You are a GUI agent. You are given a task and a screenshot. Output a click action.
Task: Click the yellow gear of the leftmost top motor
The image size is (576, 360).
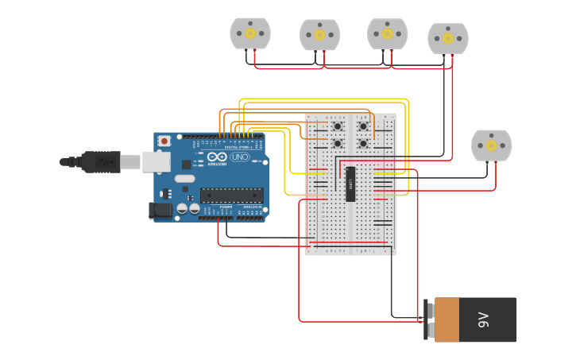tap(250, 33)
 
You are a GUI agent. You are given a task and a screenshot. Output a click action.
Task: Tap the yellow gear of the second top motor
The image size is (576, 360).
tap(319, 35)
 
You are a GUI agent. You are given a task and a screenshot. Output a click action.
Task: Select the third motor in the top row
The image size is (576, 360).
tap(387, 33)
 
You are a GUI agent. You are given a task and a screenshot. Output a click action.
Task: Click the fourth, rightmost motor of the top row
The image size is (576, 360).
tap(448, 38)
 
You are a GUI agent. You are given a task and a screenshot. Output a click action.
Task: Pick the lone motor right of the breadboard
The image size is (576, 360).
tap(492, 145)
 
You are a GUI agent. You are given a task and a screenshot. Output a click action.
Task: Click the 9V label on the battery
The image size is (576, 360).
tap(484, 320)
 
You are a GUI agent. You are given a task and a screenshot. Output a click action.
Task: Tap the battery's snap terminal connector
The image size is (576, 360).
tap(429, 320)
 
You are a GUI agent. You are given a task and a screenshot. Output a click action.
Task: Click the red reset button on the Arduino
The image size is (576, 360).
tap(164, 141)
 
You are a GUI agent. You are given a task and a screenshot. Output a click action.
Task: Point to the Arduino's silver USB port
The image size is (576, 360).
tap(156, 162)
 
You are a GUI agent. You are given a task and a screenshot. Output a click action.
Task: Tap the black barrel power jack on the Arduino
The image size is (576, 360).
tap(160, 211)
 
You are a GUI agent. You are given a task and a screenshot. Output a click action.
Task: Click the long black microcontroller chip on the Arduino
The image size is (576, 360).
tap(231, 195)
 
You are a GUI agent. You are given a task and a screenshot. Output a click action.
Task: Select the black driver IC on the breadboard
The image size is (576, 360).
tap(350, 184)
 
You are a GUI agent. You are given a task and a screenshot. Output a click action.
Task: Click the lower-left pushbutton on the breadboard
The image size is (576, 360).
tap(338, 144)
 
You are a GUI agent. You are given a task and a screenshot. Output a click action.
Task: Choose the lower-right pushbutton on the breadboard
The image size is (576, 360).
tap(363, 144)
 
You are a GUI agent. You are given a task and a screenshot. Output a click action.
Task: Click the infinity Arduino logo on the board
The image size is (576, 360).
tap(217, 157)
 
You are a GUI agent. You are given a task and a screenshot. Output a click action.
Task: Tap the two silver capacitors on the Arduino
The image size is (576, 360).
tap(187, 208)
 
